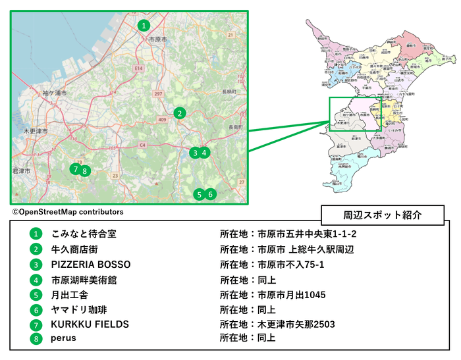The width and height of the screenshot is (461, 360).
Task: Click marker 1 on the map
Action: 144,26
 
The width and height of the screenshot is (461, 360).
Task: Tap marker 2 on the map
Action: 179,113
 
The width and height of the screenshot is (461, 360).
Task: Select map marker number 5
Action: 199,194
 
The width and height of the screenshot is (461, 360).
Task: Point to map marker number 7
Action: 76,169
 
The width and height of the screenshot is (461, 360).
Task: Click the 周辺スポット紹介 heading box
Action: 383,215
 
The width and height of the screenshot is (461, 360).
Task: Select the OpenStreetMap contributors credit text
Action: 67,212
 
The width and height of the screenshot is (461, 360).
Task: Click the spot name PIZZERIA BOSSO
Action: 90,265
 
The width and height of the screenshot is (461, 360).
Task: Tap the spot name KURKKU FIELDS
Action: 90,324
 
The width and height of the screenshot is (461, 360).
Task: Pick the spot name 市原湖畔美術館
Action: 84,280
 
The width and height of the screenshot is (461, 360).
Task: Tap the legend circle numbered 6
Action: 36,309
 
